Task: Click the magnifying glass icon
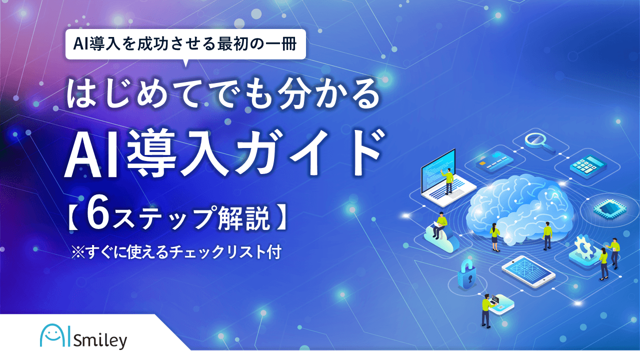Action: click(x=537, y=143)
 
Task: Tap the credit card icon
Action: click(x=494, y=161)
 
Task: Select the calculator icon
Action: click(x=588, y=166)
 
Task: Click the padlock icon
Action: click(x=466, y=274)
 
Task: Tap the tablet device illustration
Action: click(x=528, y=271)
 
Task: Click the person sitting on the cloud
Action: click(x=439, y=225)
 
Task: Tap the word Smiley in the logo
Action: click(x=100, y=341)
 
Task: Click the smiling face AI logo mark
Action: click(x=54, y=335)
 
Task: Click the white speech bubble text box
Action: click(x=185, y=44)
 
